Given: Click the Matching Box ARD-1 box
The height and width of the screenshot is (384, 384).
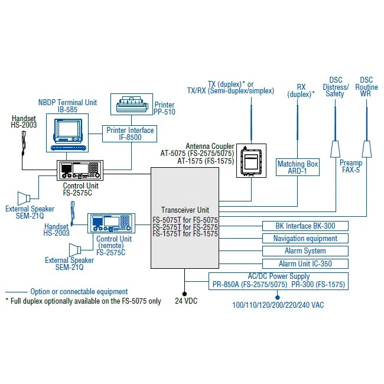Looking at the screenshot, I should [298, 167].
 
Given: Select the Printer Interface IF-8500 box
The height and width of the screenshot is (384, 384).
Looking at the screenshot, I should [130, 134].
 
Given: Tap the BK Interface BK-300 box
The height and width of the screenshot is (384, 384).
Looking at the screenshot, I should [305, 226].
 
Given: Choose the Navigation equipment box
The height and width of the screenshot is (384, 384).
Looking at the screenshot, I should [305, 239].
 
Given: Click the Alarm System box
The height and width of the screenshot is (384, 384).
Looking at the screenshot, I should [305, 251].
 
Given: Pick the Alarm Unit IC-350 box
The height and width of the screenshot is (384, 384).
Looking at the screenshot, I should [305, 264].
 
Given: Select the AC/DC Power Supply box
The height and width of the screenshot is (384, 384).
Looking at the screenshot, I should [278, 280].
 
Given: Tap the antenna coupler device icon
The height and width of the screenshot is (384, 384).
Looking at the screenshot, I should [251, 160].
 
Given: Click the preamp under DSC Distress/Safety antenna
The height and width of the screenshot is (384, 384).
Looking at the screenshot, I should [335, 149].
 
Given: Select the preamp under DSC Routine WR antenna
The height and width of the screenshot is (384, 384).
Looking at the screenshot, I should [366, 149].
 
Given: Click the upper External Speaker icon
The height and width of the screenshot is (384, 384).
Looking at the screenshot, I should [25, 197].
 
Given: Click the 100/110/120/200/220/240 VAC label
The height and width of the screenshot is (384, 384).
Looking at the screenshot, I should [278, 305].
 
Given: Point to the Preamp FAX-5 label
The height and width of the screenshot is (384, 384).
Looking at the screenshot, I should [350, 166].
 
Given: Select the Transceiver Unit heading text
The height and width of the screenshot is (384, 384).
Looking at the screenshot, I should [185, 210].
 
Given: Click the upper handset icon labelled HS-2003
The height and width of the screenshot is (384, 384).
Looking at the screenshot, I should [24, 144].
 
